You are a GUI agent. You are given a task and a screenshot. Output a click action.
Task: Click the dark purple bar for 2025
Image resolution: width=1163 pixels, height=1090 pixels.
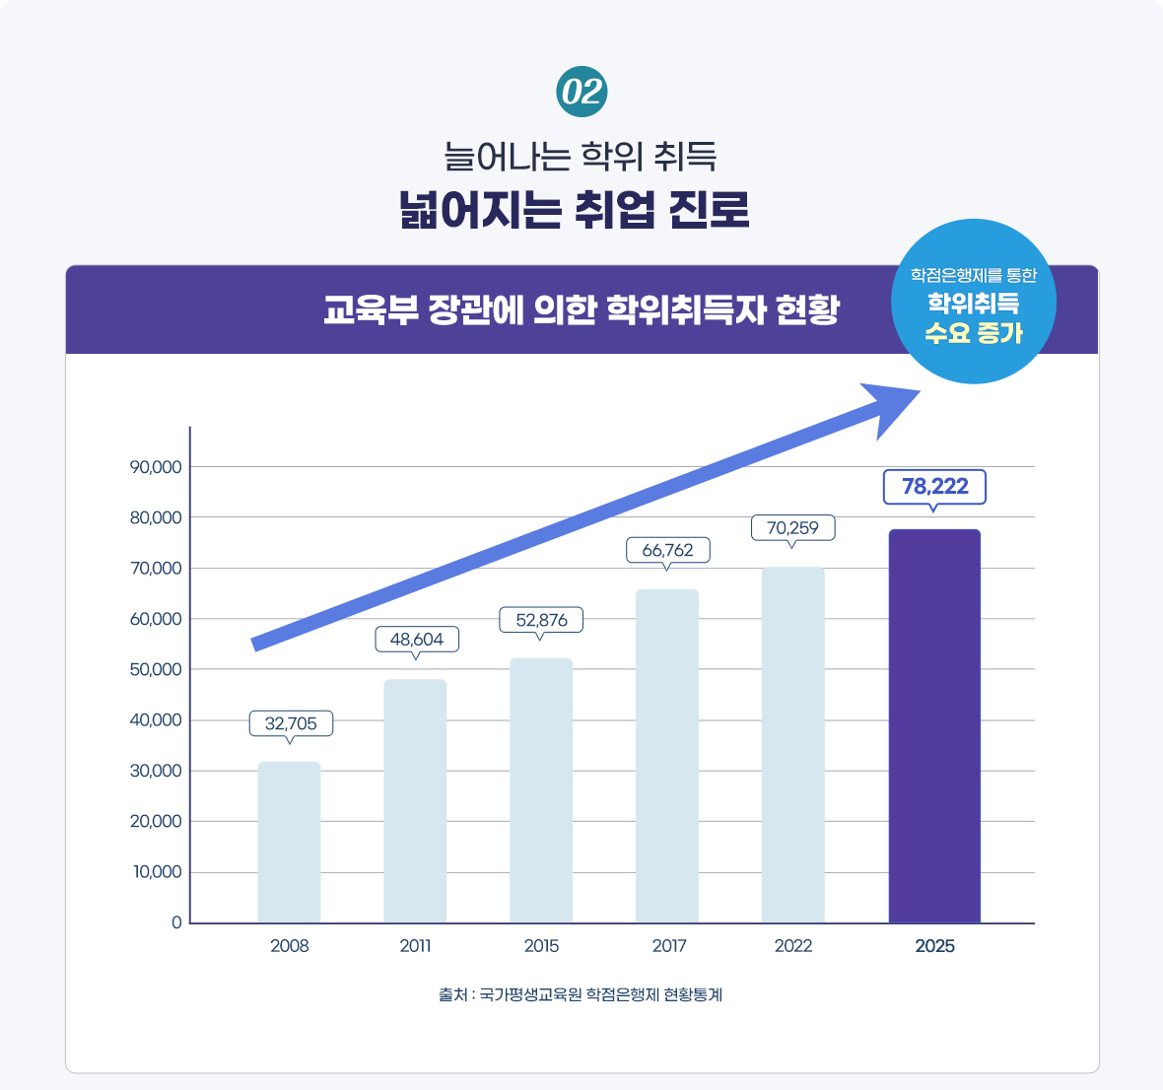pos(934,725)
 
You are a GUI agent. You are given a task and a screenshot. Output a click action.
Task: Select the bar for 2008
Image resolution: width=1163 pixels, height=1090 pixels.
pos(289,842)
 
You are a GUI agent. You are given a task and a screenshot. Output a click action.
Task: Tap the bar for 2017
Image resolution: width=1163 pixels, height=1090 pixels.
pos(667,756)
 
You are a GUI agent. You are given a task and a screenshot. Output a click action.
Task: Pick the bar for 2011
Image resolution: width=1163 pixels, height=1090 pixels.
pos(415,800)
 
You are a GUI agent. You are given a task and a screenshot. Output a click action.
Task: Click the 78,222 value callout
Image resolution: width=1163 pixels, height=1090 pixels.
pos(934,487)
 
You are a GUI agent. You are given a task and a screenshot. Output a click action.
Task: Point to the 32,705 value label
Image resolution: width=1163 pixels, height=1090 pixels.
pos(291,723)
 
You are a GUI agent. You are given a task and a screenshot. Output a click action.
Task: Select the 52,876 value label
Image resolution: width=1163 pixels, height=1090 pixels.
pos(541,620)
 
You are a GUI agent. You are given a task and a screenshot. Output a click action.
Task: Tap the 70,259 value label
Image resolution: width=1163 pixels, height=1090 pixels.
pos(792,528)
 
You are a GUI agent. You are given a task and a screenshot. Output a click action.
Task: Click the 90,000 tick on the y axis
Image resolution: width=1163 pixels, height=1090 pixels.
pos(156,467)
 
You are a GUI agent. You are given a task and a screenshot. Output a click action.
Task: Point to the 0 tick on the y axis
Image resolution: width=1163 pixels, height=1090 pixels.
pos(177,923)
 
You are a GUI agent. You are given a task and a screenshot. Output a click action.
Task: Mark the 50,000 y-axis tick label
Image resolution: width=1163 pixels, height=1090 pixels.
pos(156,670)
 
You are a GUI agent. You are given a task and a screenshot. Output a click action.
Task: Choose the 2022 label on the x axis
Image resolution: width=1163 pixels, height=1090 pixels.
pos(792,946)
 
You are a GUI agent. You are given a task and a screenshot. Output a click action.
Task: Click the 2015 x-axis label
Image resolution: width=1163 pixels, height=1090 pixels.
pos(541,946)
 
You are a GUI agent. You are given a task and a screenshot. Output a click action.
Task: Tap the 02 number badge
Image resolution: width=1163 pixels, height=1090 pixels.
pos(581,93)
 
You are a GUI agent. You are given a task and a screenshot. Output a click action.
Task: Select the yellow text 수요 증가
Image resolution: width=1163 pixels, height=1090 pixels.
pos(973,333)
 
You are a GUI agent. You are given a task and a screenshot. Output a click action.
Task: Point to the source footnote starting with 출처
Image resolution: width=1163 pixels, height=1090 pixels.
pos(581,995)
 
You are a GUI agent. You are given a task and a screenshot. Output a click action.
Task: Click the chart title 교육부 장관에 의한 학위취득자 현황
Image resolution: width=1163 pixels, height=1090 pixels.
pos(581,309)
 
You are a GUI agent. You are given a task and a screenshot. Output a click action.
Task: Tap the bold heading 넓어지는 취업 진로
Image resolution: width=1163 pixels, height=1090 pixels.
pos(575,210)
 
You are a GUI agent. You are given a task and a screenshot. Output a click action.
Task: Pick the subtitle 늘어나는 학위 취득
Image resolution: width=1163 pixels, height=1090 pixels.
pos(580,156)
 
